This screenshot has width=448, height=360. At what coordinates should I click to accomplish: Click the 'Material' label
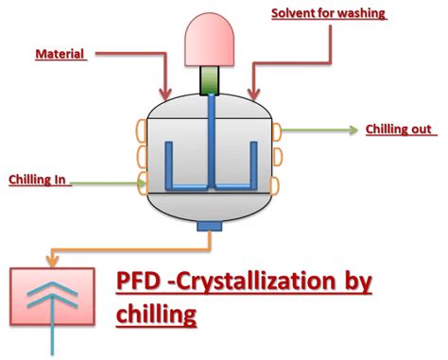tap(61, 54)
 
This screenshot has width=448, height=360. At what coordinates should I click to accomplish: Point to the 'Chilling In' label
tap(39, 178)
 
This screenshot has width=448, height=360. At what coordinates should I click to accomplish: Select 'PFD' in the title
tap(140, 282)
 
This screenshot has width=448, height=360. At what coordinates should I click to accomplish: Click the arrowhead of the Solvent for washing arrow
tap(250, 95)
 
